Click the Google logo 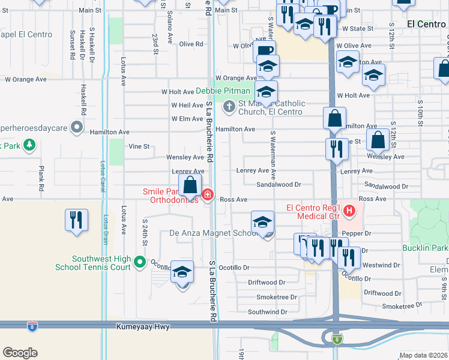pos(20,353)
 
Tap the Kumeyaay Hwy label pos(145,327)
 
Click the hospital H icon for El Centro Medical pos(351,211)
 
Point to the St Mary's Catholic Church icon pos(229,107)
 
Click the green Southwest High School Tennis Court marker pos(140,262)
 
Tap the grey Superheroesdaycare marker pos(77,127)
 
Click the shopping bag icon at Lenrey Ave pos(190,185)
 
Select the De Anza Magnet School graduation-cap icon pos(262,222)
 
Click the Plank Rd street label pos(41,178)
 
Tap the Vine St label pos(139,146)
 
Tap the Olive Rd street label pos(191,44)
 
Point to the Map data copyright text pos(424,355)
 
